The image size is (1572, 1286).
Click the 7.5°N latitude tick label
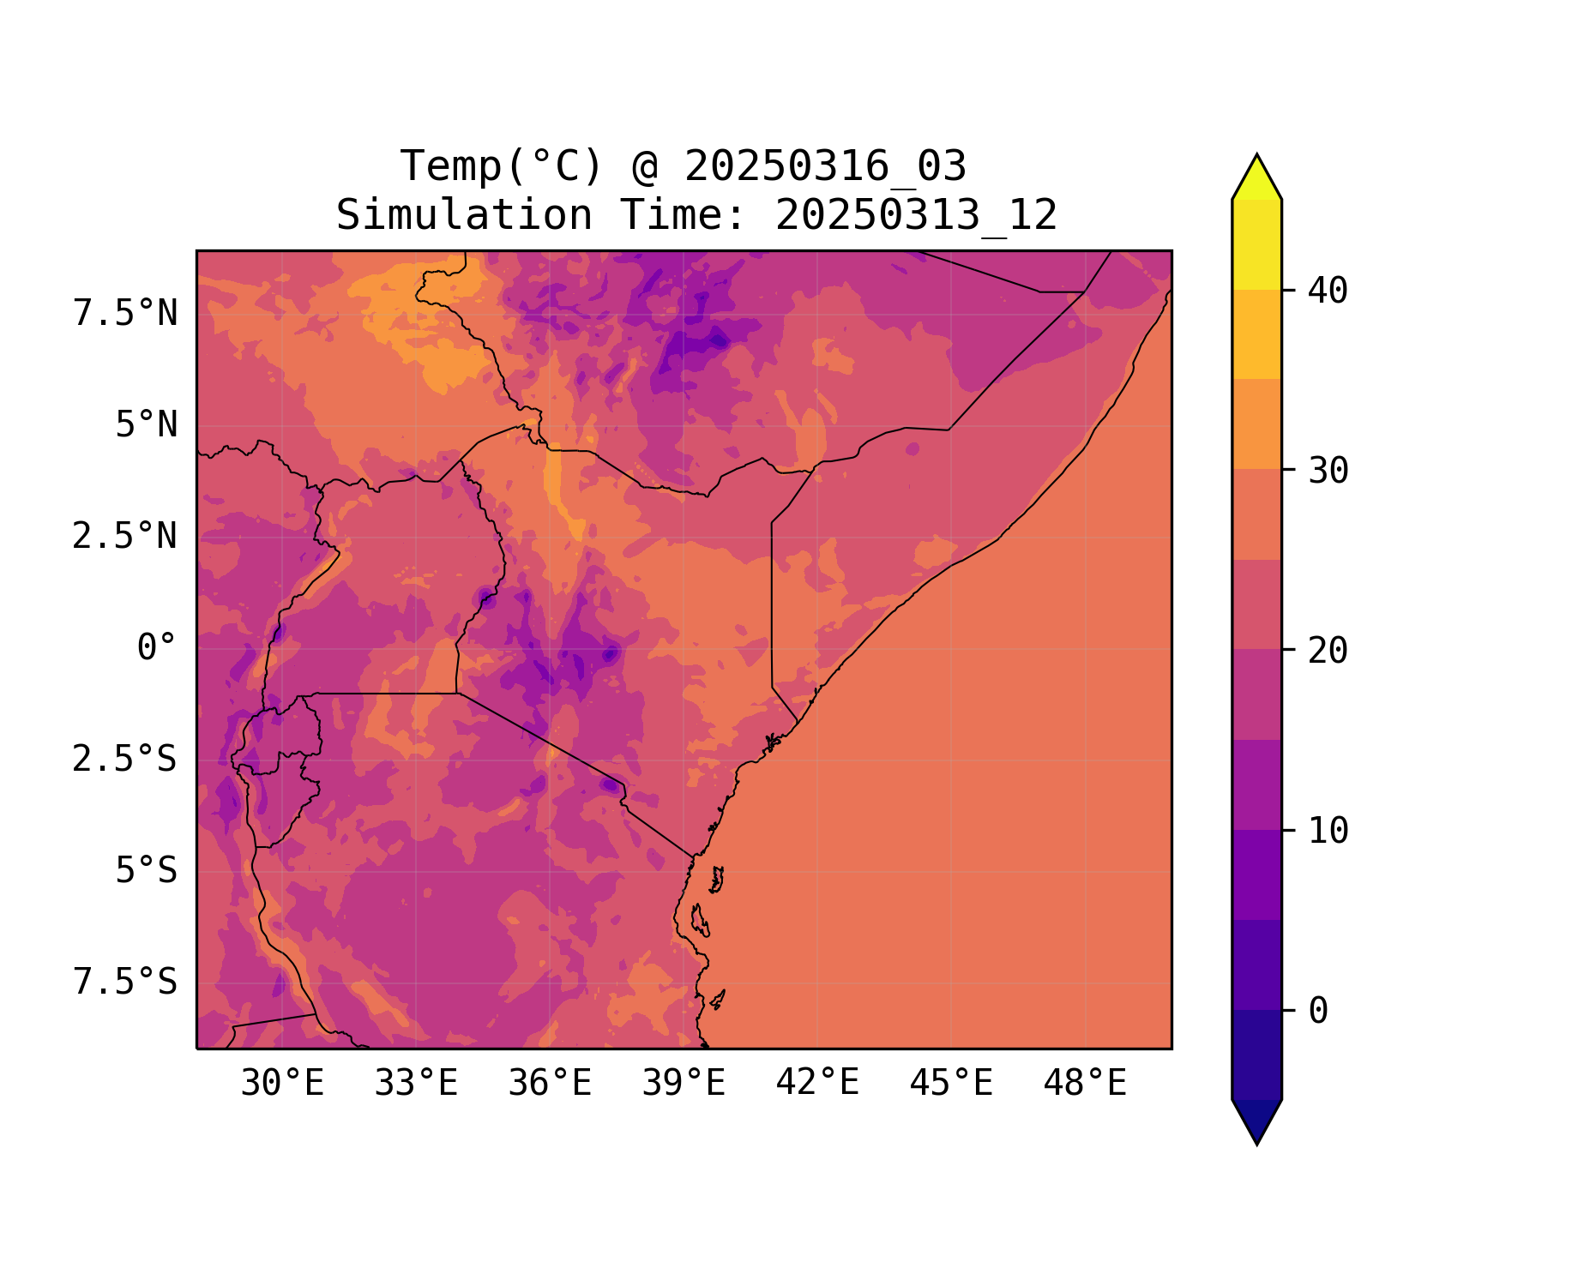tap(125, 314)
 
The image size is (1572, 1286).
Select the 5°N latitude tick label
tap(147, 425)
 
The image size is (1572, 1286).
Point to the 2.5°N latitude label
tap(125, 537)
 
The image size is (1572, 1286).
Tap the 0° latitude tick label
tap(157, 647)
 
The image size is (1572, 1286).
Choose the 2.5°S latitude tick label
tap(125, 759)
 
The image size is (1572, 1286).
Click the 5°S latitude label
tap(147, 870)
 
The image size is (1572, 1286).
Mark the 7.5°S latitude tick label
tap(125, 982)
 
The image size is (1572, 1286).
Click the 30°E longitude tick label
tap(282, 1084)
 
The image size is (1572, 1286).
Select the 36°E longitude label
tap(550, 1084)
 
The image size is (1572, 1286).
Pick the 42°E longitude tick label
tap(817, 1084)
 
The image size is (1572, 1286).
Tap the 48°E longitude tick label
tap(1085, 1084)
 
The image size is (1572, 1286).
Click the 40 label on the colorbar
tap(1328, 291)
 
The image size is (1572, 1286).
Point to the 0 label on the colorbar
tap(1318, 1011)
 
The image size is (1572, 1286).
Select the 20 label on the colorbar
tap(1328, 651)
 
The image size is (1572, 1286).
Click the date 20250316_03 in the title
tap(826, 166)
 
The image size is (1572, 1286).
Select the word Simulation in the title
tap(464, 215)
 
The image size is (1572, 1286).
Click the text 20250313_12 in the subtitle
tap(916, 215)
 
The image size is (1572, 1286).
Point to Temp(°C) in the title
tap(501, 166)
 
